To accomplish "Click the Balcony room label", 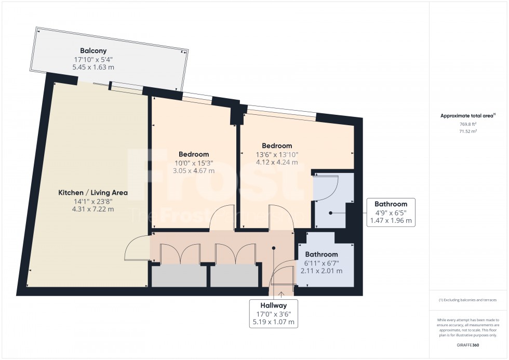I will pyautogui.click(x=93, y=51).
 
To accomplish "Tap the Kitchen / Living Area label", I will pyautogui.click(x=93, y=193).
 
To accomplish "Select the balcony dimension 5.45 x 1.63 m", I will pyautogui.click(x=93, y=68).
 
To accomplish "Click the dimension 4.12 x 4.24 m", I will pyautogui.click(x=276, y=162).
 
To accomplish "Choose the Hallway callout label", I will pyautogui.click(x=274, y=305).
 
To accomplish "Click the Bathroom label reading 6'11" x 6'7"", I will pyautogui.click(x=321, y=263).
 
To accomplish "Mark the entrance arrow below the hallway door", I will pyautogui.click(x=281, y=295).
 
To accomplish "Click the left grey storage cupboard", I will pyautogui.click(x=179, y=275).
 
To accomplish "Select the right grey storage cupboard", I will pyautogui.click(x=234, y=275).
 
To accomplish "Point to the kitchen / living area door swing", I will pyautogui.click(x=136, y=248).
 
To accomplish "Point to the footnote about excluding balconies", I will pyautogui.click(x=467, y=300).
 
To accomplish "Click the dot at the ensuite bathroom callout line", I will pyautogui.click(x=331, y=212).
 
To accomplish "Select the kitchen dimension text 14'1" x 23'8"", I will pyautogui.click(x=93, y=201).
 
